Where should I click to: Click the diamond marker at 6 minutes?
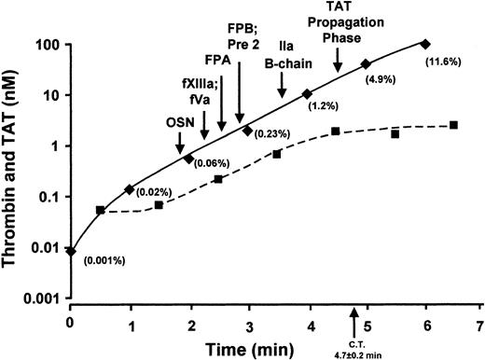(426, 44)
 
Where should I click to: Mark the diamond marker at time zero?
(71, 251)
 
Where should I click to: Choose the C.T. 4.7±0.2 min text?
(353, 349)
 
